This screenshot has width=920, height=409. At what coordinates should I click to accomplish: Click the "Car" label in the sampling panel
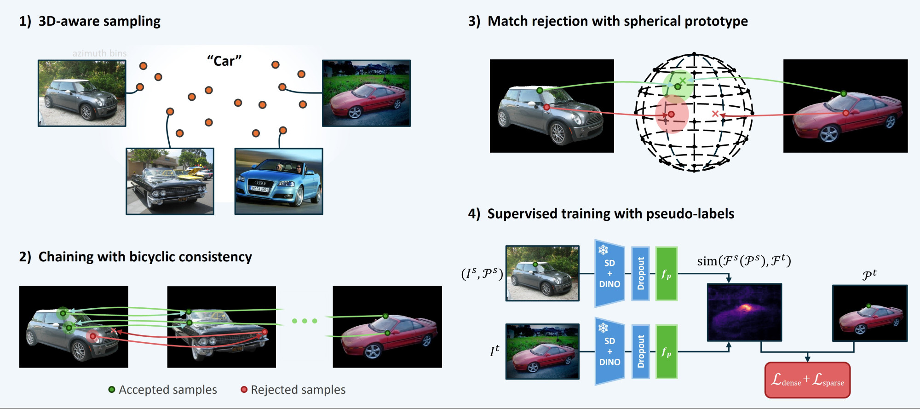point(224,61)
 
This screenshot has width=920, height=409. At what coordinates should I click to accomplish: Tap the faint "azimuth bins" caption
point(99,53)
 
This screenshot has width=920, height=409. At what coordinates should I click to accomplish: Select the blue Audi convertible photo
point(279,181)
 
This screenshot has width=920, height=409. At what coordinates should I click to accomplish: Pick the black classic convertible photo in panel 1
point(170,181)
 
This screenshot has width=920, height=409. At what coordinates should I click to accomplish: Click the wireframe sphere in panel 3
point(694,113)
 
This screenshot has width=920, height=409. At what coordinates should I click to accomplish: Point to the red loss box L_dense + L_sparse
point(807,380)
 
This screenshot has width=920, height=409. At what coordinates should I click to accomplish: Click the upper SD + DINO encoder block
point(609,273)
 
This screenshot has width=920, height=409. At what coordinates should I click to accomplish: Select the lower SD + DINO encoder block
point(609,351)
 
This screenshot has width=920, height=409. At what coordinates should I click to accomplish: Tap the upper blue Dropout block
point(640,273)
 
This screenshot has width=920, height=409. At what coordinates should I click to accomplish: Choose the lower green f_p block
point(666,352)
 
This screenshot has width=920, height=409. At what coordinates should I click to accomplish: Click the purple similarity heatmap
point(744,312)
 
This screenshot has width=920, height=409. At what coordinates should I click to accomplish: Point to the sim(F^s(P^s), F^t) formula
point(744,261)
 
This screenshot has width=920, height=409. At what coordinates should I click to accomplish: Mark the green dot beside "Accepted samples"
point(112,390)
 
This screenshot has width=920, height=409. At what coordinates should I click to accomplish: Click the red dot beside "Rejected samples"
point(244,390)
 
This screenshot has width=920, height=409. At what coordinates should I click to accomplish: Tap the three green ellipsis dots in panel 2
point(305,321)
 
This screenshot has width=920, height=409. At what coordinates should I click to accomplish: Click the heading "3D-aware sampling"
point(99,21)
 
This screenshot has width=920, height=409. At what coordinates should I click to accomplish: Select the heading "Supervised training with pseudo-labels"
point(610,213)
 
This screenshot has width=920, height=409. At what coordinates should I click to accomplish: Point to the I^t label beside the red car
point(494,351)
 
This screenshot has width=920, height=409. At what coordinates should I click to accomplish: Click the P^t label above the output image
point(869,275)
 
